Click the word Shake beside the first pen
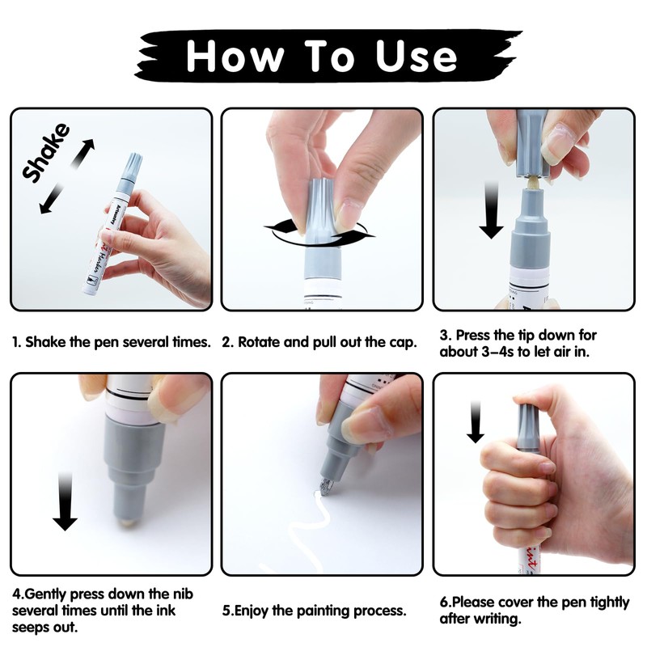click(46, 152)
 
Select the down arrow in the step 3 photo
click(491, 210)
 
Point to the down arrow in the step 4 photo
click(65, 501)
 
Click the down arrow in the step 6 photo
click(476, 421)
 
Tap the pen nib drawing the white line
click(327, 486)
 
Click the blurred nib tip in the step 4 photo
click(128, 522)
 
